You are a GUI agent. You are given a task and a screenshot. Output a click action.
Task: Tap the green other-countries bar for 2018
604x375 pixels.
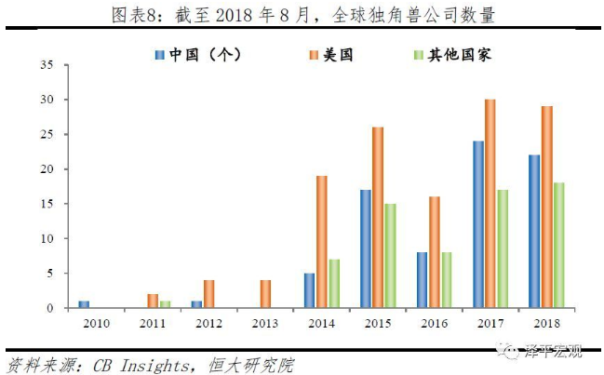click(559, 245)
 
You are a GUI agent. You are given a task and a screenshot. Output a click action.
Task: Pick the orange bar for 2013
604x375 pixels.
click(264, 293)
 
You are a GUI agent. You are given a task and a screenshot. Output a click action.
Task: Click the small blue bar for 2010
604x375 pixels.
click(84, 304)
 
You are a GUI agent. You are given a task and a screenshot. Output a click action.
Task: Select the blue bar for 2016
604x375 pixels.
click(422, 280)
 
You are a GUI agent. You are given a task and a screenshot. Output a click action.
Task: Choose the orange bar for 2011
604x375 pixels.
click(153, 301)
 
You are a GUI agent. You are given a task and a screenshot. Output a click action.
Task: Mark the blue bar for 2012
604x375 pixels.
click(196, 304)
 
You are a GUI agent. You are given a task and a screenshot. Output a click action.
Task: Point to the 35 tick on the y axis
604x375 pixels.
click(47, 64)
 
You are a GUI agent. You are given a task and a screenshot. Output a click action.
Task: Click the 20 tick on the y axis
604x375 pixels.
click(47, 169)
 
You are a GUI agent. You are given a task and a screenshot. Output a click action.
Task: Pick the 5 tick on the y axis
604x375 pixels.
click(49, 274)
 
